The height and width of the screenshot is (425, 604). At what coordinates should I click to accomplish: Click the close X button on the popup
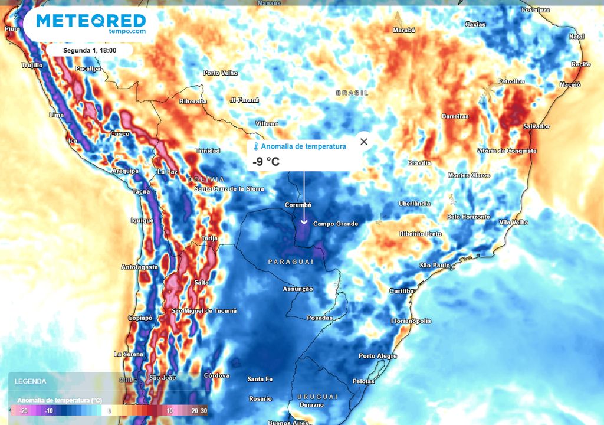coord(364,142)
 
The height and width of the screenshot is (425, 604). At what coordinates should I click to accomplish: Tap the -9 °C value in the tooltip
coord(266,161)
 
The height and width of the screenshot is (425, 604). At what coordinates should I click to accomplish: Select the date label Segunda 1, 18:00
coord(90,51)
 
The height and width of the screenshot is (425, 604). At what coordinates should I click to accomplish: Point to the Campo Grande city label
coord(335,224)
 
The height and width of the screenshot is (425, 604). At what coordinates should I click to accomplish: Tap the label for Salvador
coord(536,126)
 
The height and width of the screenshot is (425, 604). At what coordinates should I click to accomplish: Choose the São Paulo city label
coord(435,266)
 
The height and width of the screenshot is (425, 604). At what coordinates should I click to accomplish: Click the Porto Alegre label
coord(377,356)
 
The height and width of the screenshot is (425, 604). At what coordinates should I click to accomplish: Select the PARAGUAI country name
coord(290,261)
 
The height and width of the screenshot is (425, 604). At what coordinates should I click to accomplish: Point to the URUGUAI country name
coord(317,396)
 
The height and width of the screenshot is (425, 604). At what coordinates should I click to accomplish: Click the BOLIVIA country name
coord(206,179)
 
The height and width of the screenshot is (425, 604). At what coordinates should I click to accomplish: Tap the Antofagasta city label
coord(140,267)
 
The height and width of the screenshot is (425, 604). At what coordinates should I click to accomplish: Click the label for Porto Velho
coord(221,73)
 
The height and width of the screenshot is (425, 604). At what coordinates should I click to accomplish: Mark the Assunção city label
coord(298,289)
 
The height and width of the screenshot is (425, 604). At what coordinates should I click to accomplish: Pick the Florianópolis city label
coord(411,321)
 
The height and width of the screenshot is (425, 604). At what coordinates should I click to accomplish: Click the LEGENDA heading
coord(30,381)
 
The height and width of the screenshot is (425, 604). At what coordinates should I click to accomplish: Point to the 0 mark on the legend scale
coord(109,410)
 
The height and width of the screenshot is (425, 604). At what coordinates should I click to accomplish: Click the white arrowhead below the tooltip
coord(304,221)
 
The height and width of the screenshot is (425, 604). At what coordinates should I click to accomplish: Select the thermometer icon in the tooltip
coord(256,146)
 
